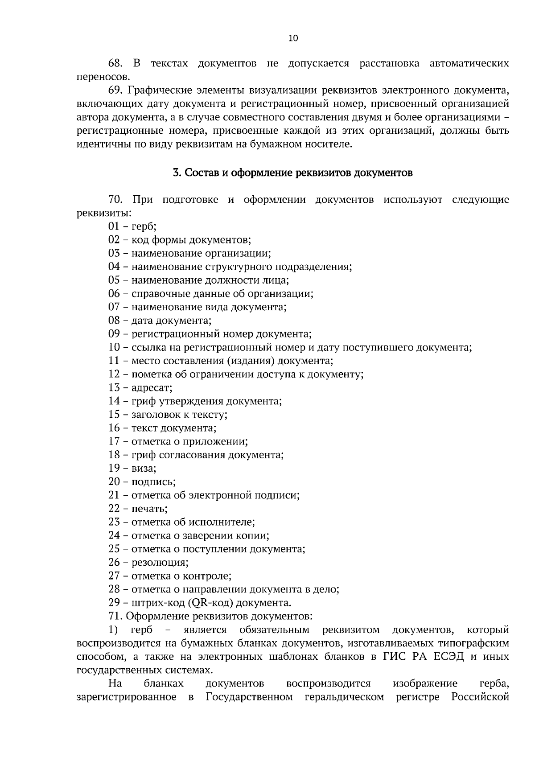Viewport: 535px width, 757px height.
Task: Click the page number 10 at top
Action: (x=293, y=38)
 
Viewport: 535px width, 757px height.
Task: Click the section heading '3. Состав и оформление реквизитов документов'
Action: (x=292, y=173)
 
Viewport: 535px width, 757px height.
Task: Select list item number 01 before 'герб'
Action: (x=114, y=226)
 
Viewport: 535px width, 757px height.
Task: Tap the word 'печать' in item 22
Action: (x=149, y=509)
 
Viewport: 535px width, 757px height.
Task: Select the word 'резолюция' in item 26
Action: (x=160, y=562)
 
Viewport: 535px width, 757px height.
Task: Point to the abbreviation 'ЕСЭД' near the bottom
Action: (x=448, y=657)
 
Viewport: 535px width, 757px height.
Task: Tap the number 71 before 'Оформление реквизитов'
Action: (x=115, y=617)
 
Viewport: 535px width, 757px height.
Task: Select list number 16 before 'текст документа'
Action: (x=114, y=428)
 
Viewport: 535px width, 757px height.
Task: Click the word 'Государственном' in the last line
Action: (x=249, y=697)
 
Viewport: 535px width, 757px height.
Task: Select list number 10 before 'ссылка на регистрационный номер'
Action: (x=114, y=347)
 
